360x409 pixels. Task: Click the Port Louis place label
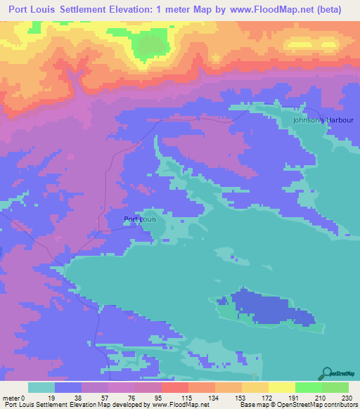pos(140,219)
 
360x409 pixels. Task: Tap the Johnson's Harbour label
pos(323,120)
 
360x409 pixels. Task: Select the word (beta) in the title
pos(328,10)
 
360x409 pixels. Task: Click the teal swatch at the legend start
pos(41,387)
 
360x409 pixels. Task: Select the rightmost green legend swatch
pos(335,387)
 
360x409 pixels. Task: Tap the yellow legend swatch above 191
pos(282,387)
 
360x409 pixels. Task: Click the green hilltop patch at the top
pos(148,46)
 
